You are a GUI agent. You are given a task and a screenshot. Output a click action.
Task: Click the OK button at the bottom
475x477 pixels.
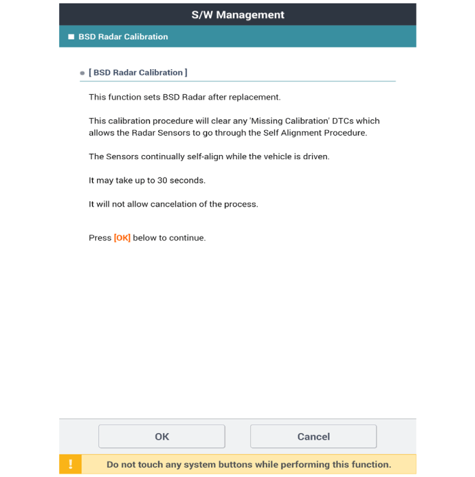coord(161,436)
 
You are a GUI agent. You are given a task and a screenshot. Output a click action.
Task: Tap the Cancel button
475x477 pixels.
coord(313,436)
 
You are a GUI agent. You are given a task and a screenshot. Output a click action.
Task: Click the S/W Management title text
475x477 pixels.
coord(237,15)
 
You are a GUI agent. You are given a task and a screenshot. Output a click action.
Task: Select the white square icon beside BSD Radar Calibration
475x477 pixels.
coord(71,37)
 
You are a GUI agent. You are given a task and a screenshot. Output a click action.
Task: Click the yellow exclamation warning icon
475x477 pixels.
coord(71,465)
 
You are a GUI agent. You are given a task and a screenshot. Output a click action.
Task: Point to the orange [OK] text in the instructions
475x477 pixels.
coord(122,238)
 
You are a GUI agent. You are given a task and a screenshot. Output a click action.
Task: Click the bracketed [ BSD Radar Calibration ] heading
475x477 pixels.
coord(138,72)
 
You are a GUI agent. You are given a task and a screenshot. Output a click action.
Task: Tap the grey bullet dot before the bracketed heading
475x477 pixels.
coord(82,73)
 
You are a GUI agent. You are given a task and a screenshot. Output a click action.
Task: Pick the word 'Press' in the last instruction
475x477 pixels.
coord(100,238)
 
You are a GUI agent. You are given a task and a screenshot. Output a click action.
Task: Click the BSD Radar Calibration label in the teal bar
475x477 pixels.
coord(123,37)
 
